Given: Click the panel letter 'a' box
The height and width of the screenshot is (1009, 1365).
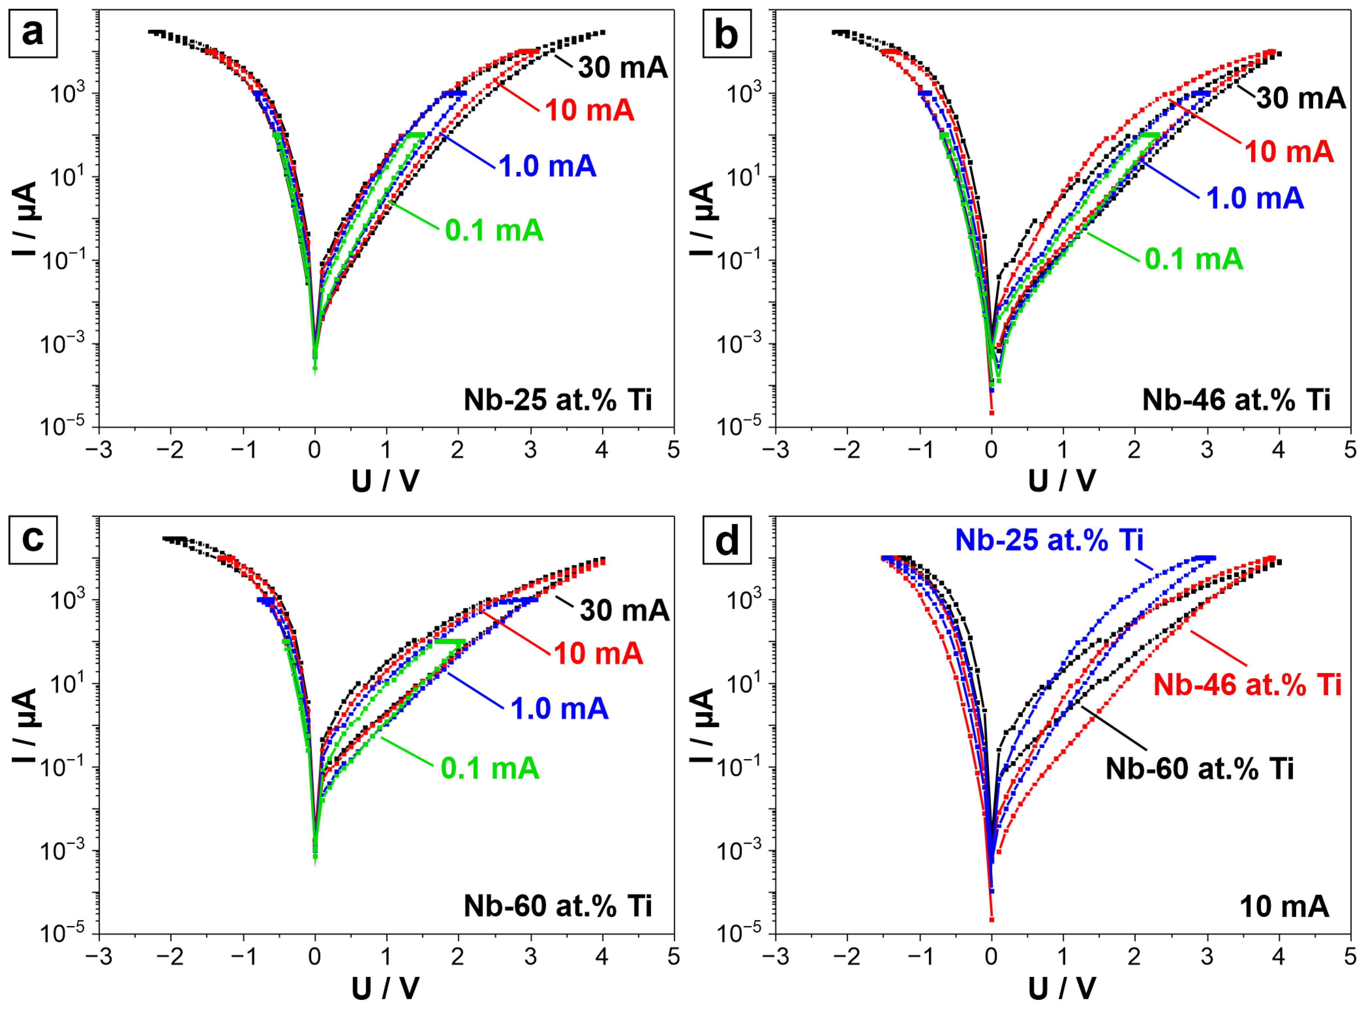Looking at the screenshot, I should click(33, 34).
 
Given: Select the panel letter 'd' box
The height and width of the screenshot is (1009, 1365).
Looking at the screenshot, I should click(727, 540).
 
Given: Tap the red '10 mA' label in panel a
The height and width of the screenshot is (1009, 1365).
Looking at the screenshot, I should click(589, 111).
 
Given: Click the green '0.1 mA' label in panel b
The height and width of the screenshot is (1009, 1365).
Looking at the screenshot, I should click(1193, 259).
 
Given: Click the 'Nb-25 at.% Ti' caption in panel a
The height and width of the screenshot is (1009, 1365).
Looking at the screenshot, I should click(558, 400).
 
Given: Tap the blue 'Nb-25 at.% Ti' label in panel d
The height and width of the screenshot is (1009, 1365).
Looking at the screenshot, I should click(1049, 540).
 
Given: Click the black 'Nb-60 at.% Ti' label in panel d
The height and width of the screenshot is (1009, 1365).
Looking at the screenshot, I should click(1199, 768).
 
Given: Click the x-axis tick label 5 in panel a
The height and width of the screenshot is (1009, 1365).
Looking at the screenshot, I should click(673, 450).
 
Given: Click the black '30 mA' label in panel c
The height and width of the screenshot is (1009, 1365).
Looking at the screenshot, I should click(624, 610).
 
